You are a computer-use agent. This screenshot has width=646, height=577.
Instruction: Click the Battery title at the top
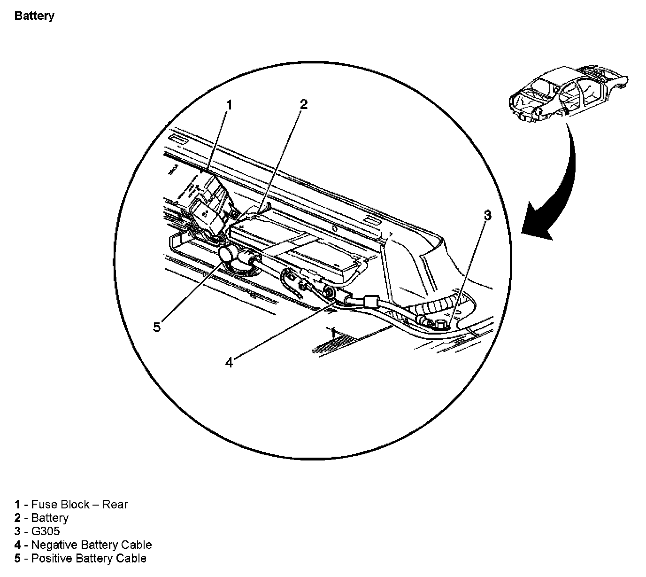34,16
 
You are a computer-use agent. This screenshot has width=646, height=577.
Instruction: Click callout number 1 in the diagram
229,105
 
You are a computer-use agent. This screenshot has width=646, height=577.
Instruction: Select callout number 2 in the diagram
303,104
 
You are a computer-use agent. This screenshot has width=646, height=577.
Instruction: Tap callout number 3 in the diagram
488,216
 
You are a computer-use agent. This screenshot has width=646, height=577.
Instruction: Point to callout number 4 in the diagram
229,363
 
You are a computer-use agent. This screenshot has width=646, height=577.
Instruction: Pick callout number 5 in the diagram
157,327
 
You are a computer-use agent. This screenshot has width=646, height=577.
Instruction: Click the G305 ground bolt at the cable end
442,324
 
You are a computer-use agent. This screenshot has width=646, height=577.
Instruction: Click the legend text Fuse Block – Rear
79,505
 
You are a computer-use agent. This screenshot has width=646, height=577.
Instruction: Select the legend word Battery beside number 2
49,518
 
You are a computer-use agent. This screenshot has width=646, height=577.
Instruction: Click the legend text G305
45,531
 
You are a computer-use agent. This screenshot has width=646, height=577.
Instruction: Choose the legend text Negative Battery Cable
91,545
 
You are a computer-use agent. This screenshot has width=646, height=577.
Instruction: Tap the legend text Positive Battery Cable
88,559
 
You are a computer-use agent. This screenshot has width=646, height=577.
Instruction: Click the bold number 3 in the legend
17,531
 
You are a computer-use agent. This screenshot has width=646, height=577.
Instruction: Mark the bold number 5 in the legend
17,559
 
